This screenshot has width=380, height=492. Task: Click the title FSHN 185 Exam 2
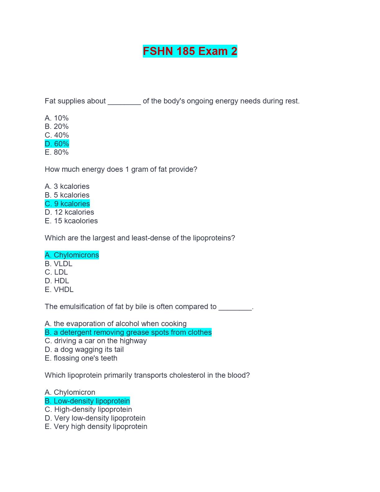click(190, 51)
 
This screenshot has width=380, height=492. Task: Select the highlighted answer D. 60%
click(57, 144)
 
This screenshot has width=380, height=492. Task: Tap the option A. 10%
click(57, 118)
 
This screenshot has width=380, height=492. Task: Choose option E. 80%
click(57, 152)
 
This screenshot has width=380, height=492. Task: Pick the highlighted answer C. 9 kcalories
click(67, 204)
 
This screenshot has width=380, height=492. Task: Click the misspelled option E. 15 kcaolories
click(71, 221)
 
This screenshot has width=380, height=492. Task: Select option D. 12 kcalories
click(69, 212)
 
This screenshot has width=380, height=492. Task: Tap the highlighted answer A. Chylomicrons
click(72, 255)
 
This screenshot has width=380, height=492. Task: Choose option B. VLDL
click(58, 264)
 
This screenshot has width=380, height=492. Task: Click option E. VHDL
click(59, 289)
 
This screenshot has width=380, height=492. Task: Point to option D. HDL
click(57, 281)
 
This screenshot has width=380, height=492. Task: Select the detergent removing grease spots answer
click(128, 332)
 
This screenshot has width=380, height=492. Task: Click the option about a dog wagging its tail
click(84, 349)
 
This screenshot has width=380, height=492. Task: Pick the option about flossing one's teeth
click(81, 358)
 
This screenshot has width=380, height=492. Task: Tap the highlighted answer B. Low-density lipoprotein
click(87, 401)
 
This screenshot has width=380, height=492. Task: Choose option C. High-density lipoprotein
click(88, 409)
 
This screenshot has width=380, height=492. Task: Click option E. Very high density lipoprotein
click(96, 426)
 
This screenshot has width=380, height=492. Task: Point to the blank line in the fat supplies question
click(124, 102)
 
